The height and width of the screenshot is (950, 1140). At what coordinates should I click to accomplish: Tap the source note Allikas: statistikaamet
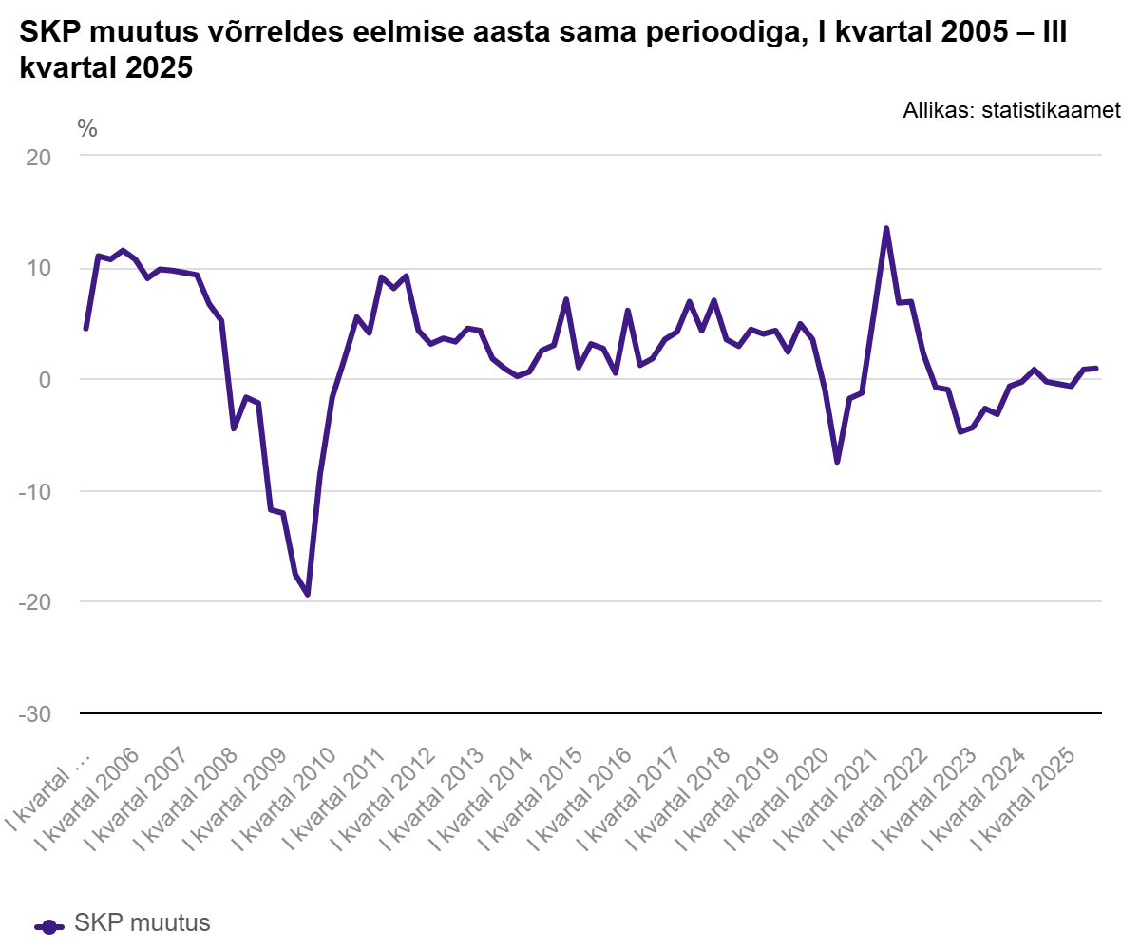pos(1012,111)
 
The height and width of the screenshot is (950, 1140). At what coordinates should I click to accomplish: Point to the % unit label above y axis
pos(87,129)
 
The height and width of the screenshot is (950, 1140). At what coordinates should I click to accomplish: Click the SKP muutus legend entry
pos(123,923)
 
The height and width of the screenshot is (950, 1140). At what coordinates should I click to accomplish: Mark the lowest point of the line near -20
pos(308,595)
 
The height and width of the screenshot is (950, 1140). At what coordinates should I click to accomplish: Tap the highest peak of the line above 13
pos(886,228)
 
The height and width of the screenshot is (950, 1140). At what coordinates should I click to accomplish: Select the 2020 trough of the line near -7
pos(837,462)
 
